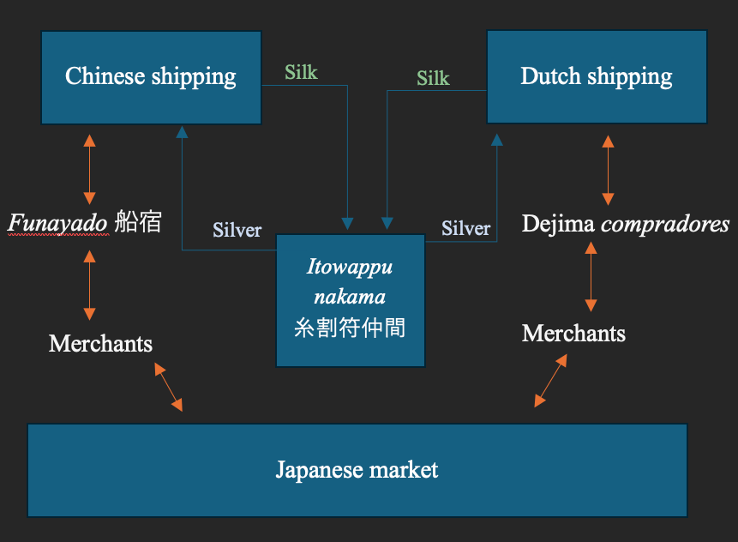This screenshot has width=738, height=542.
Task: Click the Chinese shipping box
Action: click(x=151, y=77)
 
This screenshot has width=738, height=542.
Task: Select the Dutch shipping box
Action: click(x=597, y=76)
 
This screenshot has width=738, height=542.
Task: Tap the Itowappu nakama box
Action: click(x=350, y=300)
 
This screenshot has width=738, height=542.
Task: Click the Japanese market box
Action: click(x=357, y=470)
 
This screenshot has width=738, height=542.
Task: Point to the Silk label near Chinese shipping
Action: click(x=301, y=72)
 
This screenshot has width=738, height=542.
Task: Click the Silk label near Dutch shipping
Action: click(x=433, y=78)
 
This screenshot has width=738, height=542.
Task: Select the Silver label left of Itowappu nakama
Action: click(x=237, y=230)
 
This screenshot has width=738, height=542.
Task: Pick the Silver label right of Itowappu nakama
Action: click(x=465, y=229)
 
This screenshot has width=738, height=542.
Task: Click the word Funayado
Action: click(x=57, y=223)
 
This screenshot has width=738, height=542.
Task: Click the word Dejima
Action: click(x=558, y=225)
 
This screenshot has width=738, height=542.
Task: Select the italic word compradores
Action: click(x=665, y=225)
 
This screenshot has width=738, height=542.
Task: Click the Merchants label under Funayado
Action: click(x=100, y=344)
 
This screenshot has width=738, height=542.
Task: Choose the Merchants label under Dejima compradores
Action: click(x=573, y=333)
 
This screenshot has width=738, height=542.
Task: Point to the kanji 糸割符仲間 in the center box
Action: click(x=350, y=328)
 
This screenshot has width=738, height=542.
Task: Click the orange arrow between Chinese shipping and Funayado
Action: click(x=89, y=168)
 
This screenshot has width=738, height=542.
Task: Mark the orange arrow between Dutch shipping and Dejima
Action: click(x=608, y=169)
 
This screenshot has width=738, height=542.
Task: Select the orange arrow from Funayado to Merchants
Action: click(x=89, y=285)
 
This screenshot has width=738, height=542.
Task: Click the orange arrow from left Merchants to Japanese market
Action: click(x=168, y=386)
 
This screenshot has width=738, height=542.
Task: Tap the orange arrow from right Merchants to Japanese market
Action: click(x=551, y=382)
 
